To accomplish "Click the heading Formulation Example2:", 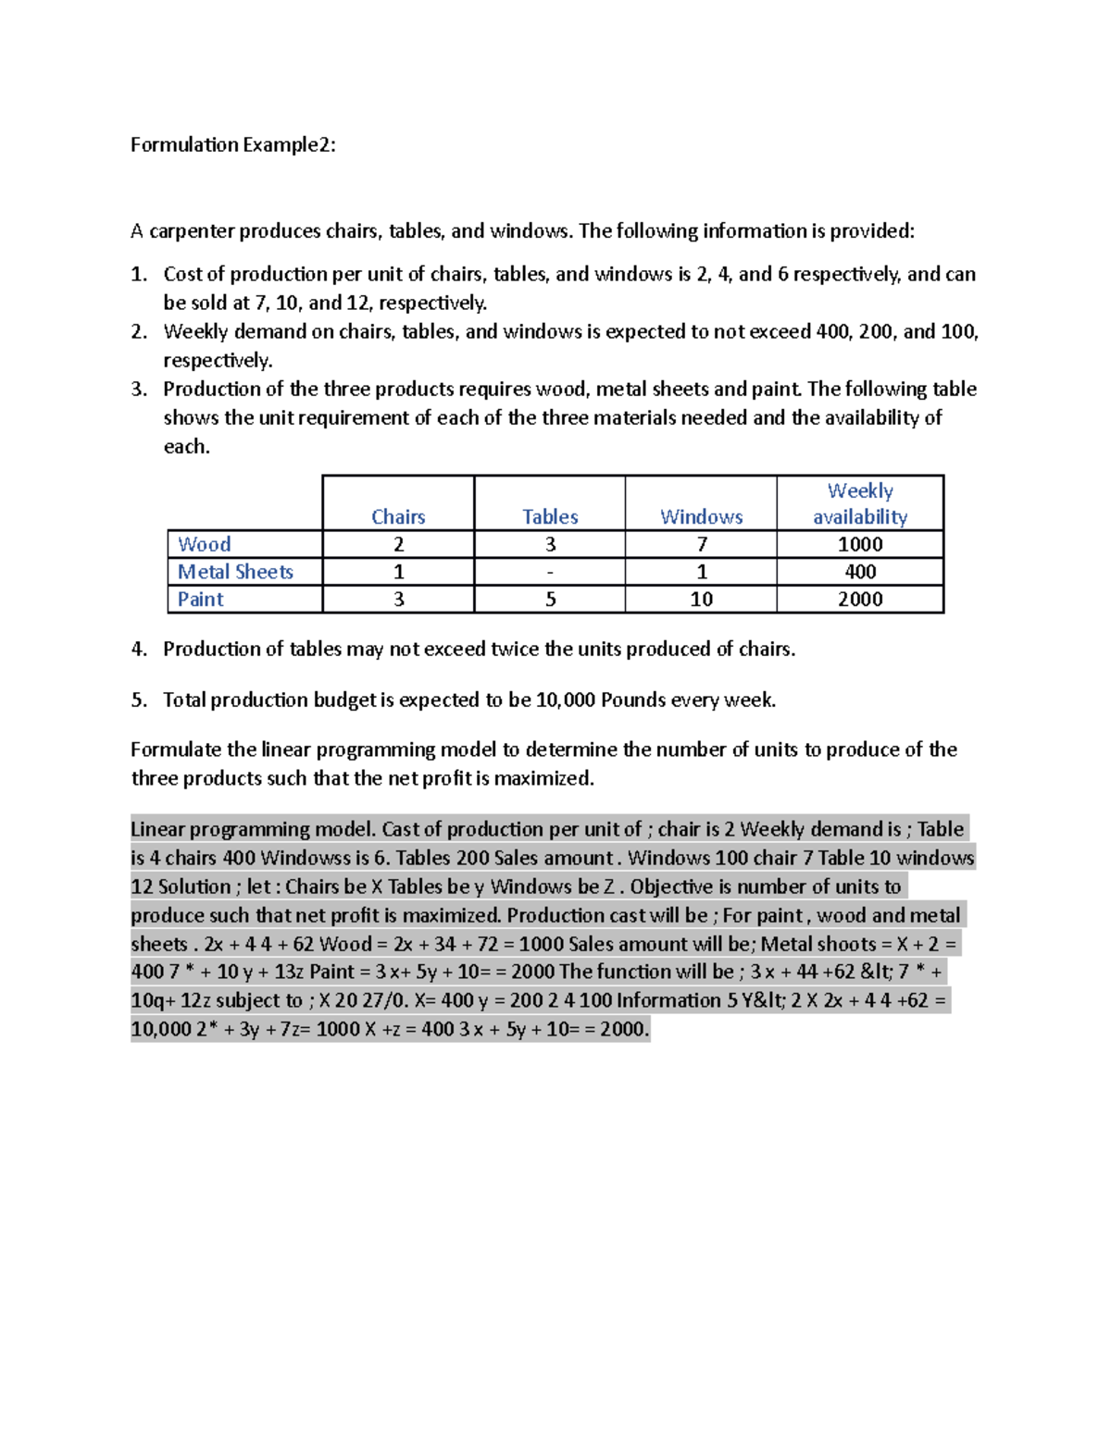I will (x=232, y=144).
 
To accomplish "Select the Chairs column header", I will (x=398, y=516).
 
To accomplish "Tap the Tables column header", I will (x=550, y=516).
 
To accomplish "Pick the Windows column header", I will (x=701, y=516).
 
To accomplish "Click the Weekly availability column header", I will (x=859, y=503).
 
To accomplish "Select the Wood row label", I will (x=204, y=544).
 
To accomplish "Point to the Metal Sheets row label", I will (x=235, y=572).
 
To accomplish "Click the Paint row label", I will (x=200, y=600).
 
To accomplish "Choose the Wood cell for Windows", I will (x=701, y=544).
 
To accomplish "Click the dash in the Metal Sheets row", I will (x=550, y=572).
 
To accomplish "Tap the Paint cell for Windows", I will (x=701, y=600).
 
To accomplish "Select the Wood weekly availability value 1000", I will (x=859, y=544).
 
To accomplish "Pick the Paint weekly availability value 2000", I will (x=859, y=600).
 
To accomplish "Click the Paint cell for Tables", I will (x=550, y=600).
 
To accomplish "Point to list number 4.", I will (x=139, y=649).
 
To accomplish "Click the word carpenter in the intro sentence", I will (x=192, y=231).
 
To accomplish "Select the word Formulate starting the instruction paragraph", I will (x=176, y=749).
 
